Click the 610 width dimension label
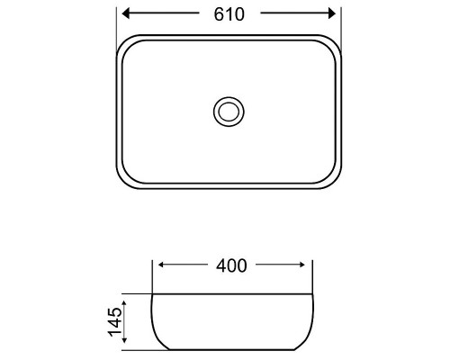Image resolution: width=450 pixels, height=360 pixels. pyautogui.click(x=229, y=14)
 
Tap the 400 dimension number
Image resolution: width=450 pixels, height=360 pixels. pyautogui.click(x=231, y=265)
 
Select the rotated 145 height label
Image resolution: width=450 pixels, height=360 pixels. pyautogui.click(x=115, y=321)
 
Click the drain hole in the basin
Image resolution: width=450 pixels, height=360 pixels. pyautogui.click(x=229, y=112)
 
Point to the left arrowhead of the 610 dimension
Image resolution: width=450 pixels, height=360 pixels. pyautogui.click(x=126, y=13)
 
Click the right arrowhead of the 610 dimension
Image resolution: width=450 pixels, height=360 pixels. pyautogui.click(x=332, y=13)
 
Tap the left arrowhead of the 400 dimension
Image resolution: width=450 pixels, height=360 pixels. pyautogui.click(x=161, y=265)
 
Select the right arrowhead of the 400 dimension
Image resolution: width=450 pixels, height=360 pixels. pyautogui.click(x=301, y=265)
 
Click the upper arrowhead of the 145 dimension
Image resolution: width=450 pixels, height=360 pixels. pyautogui.click(x=124, y=303)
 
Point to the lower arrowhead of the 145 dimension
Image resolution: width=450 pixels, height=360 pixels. pyautogui.click(x=124, y=339)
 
